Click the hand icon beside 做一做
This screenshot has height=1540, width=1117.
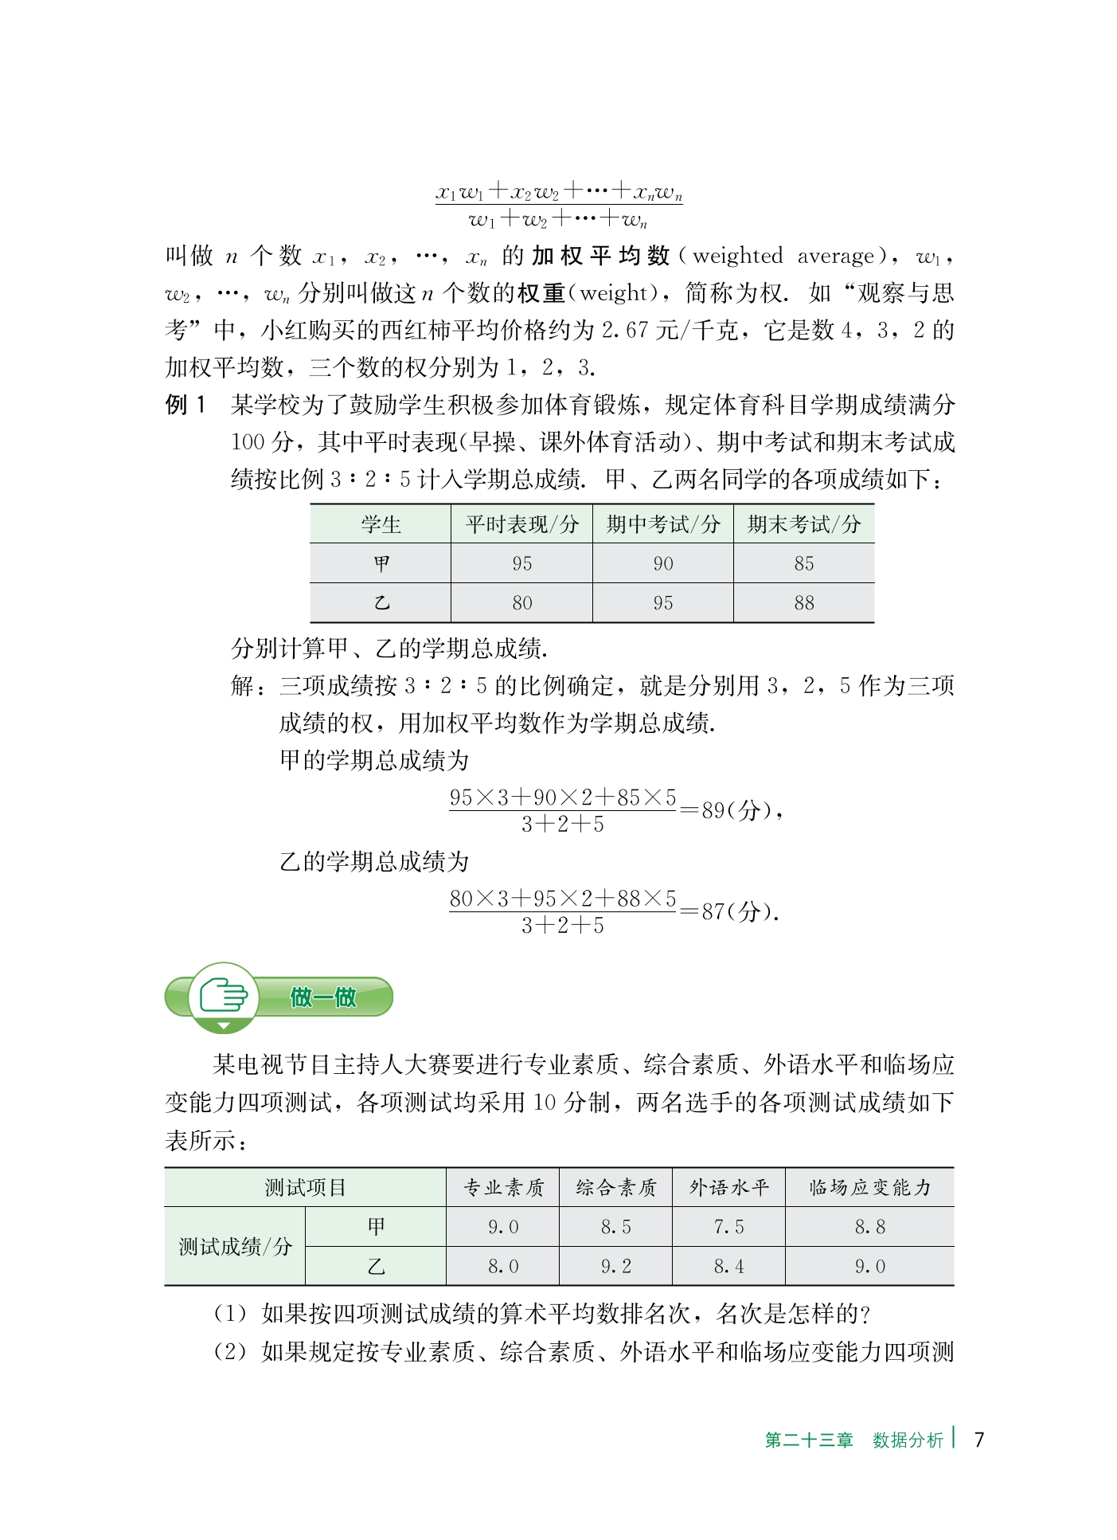[224, 996]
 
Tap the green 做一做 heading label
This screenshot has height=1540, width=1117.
[323, 997]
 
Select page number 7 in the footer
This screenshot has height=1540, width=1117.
[978, 1440]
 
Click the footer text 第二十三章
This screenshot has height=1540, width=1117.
[808, 1440]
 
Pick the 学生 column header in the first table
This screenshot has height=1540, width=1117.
[381, 524]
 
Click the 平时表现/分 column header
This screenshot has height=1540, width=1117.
[521, 524]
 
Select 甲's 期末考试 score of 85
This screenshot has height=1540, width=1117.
[804, 564]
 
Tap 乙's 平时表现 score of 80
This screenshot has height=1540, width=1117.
[521, 603]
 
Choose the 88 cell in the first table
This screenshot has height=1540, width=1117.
[804, 603]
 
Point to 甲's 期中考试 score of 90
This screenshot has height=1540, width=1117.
[663, 564]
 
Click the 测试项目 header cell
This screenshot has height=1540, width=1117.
[305, 1188]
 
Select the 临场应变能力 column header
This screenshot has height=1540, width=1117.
[869, 1188]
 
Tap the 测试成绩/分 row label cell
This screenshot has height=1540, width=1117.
[235, 1247]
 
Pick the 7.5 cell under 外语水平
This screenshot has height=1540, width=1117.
[728, 1228]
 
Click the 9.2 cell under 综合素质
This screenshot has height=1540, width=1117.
[615, 1267]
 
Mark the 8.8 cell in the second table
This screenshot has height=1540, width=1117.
[869, 1228]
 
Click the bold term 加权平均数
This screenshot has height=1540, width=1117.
[600, 256]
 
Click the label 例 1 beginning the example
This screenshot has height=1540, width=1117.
[186, 405]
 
